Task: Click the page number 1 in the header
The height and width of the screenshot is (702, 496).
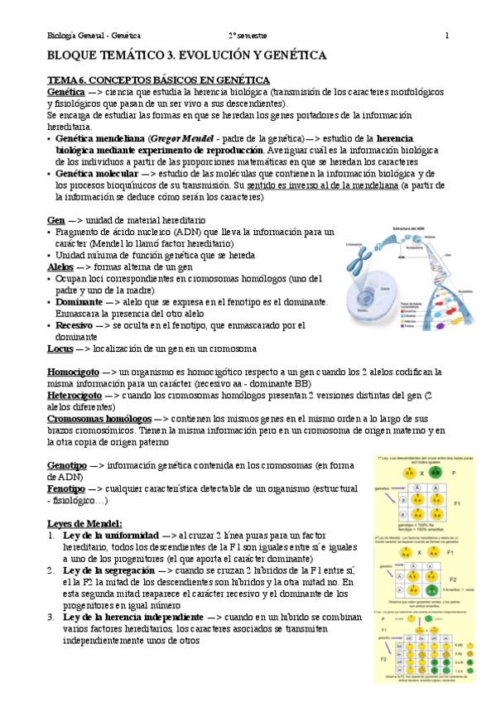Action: coord(447,36)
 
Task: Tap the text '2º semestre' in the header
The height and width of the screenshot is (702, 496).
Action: coord(249,36)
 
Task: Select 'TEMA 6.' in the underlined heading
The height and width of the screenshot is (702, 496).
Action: coord(66,79)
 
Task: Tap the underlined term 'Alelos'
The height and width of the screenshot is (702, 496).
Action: coord(60,268)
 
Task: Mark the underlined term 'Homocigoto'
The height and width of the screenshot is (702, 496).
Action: coord(75,373)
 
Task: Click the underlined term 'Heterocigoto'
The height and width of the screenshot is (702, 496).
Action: coord(75,396)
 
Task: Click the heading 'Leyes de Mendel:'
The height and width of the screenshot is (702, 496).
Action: coord(84,523)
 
